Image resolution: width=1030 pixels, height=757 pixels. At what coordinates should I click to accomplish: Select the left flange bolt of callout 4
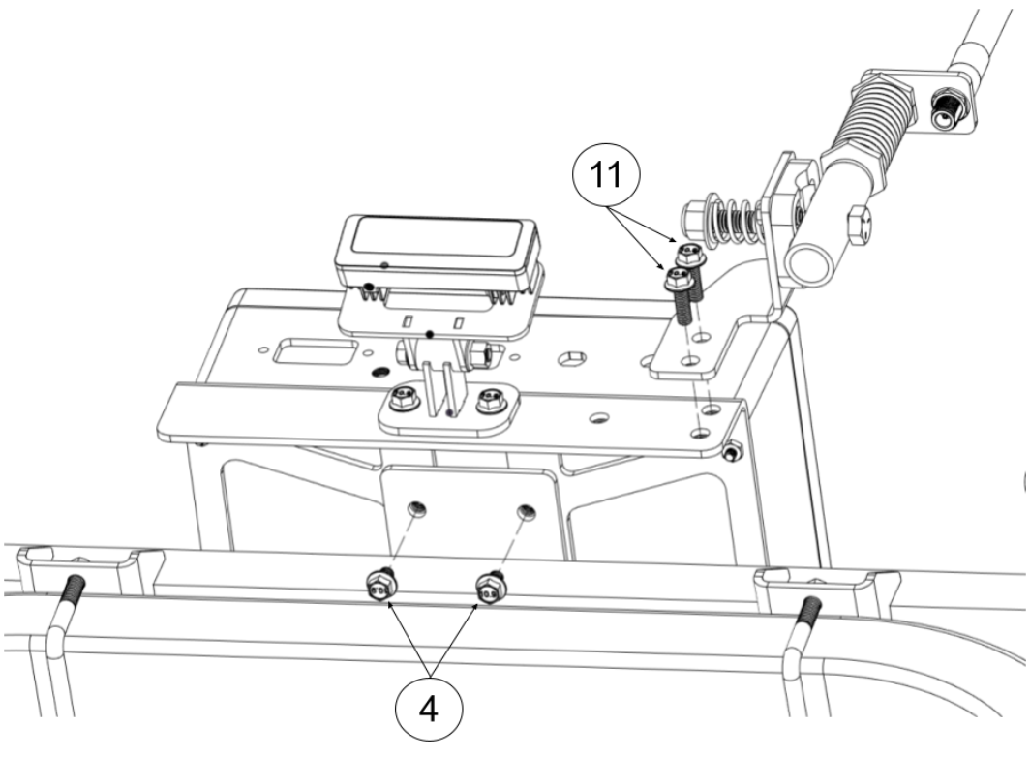click(x=379, y=585)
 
